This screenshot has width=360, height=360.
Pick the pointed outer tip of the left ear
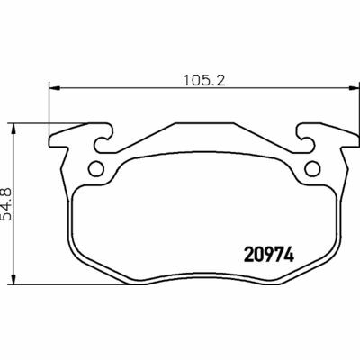click(49, 143)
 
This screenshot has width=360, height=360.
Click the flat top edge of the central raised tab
click(203, 123)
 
